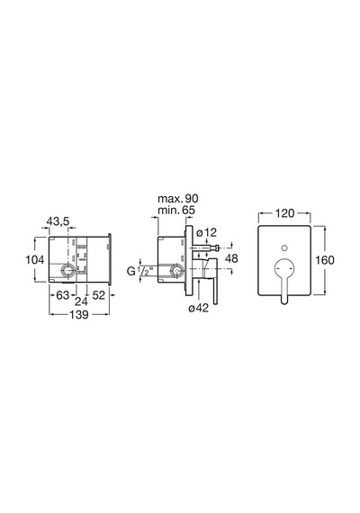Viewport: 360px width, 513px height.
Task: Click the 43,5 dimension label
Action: [58, 221]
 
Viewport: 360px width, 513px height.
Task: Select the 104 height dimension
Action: [35, 260]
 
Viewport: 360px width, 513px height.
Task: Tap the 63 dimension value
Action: [62, 295]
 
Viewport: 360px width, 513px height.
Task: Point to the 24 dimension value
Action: [82, 301]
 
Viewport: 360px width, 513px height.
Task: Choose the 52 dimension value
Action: [98, 295]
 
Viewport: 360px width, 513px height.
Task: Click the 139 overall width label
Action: [79, 314]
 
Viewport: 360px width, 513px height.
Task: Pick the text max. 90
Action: [178, 198]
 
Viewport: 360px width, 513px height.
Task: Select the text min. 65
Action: [176, 210]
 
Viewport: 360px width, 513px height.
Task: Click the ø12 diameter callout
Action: [206, 232]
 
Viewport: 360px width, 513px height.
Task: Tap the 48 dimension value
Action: [231, 258]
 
